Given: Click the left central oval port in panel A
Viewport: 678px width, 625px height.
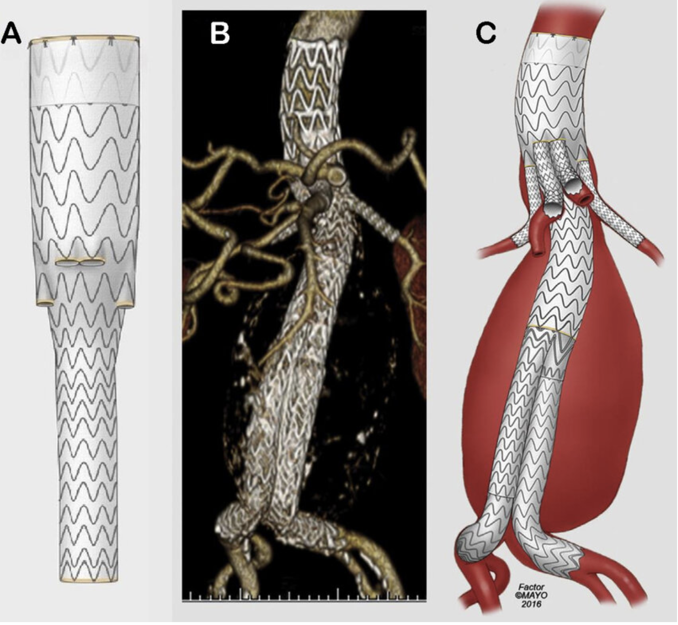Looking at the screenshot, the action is click(67, 262).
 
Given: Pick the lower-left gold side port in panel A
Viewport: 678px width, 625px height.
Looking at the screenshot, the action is click(45, 303).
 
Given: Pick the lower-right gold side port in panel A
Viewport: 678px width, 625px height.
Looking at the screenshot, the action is click(126, 303).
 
